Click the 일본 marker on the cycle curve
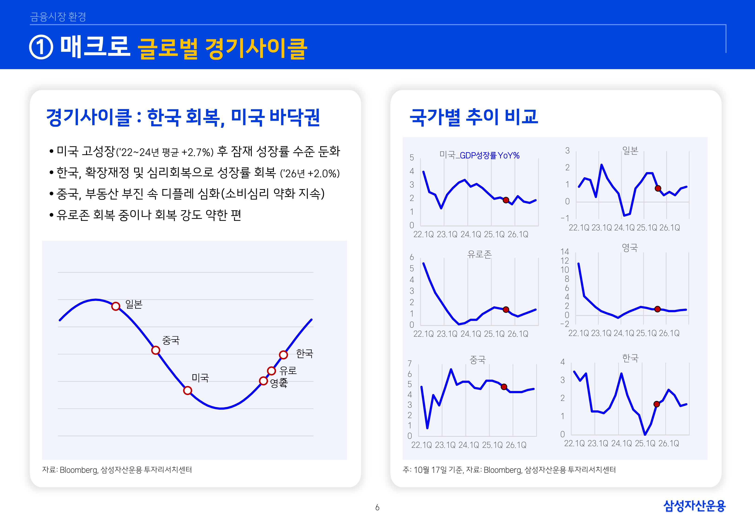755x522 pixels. [x=116, y=306]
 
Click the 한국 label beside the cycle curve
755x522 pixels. [x=305, y=354]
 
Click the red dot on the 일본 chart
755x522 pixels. [x=658, y=188]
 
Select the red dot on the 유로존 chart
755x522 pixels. [x=506, y=309]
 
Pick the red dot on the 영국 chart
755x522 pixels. [x=657, y=309]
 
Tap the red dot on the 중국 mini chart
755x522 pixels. [x=504, y=387]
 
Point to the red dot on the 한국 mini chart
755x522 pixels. [x=657, y=404]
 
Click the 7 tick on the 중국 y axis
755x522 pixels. [x=409, y=363]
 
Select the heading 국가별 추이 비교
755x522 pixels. [x=473, y=117]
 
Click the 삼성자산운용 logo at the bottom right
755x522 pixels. [x=694, y=506]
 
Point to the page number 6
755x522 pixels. [x=377, y=508]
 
